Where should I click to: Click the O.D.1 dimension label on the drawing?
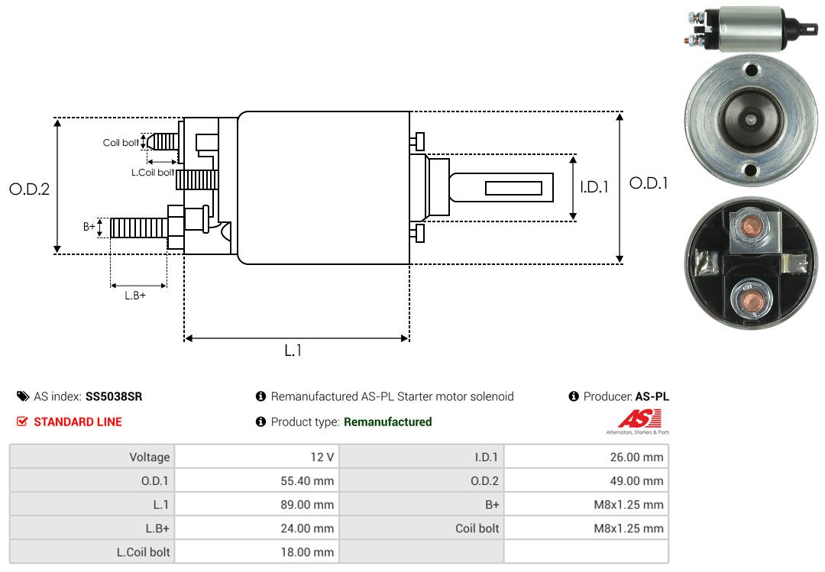[x=649, y=183]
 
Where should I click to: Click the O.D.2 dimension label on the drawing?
[x=29, y=189]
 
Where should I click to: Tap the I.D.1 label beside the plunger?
[x=594, y=186]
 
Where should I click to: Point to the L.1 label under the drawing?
[x=294, y=351]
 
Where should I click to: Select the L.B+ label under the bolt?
[x=134, y=295]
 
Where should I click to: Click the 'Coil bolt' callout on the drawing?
[x=121, y=143]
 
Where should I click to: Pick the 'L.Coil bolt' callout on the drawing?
[x=152, y=173]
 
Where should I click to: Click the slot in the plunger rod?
[x=513, y=188]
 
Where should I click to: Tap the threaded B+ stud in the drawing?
[x=137, y=227]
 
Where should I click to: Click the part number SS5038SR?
[x=114, y=396]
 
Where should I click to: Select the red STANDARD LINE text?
[x=77, y=422]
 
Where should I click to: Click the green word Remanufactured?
[x=387, y=422]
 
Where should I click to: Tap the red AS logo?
[x=640, y=418]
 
